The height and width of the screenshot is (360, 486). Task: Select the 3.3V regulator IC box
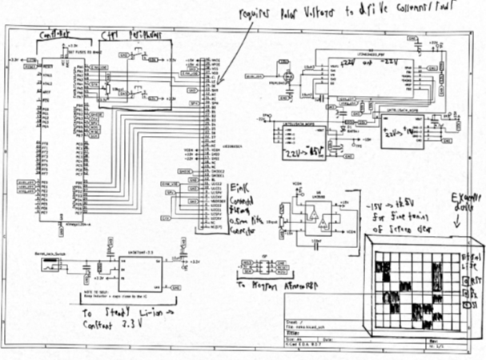pos(140,274)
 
